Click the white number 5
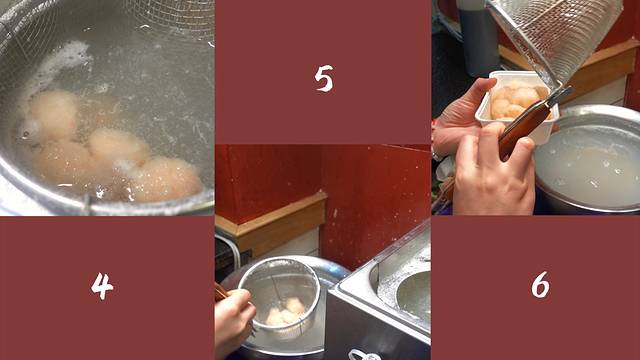tap(324, 78)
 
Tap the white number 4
tap(102, 286)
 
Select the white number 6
tap(540, 284)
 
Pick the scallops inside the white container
tap(516, 101)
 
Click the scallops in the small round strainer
tap(286, 312)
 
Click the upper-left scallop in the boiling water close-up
tap(53, 113)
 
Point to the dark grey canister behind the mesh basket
tap(478, 38)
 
